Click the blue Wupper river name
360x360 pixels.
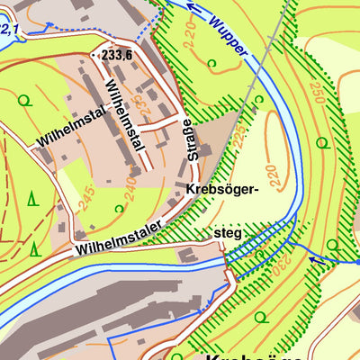tap(227, 36)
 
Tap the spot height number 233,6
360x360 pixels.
tap(121, 55)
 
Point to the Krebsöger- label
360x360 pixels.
tap(224, 190)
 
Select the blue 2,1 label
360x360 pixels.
tap(10, 30)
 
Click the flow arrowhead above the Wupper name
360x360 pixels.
tap(190, 4)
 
